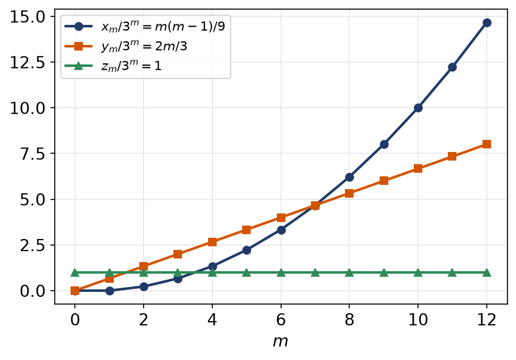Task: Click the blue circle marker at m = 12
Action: coord(487,22)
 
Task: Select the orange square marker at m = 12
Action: coord(487,144)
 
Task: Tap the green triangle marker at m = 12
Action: coord(487,272)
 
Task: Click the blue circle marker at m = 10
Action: coord(418,108)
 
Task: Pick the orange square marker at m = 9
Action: coord(384,181)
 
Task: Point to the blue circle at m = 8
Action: coord(349,177)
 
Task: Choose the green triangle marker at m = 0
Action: coord(75,272)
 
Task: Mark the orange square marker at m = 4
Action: coord(212,242)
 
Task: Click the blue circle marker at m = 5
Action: coord(246,250)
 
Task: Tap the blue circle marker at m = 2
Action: coord(144,286)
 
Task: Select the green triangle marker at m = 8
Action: coord(349,272)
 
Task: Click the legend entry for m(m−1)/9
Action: coord(145,26)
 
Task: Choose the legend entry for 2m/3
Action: coord(126,46)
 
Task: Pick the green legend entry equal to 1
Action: coord(113,66)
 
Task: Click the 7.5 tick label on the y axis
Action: coord(32,153)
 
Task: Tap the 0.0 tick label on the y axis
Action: coord(32,291)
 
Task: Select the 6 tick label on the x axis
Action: coord(281,319)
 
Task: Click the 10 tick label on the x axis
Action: coord(418,319)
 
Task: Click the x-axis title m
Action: coord(281,342)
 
